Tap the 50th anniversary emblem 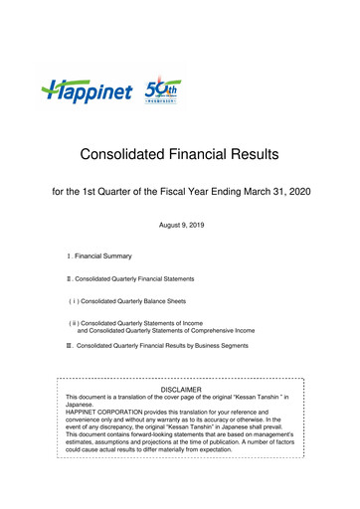coord(163,92)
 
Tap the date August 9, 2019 coord(180,227)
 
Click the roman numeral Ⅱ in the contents coord(69,279)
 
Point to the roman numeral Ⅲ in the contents coord(69,347)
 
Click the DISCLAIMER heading coord(180,390)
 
